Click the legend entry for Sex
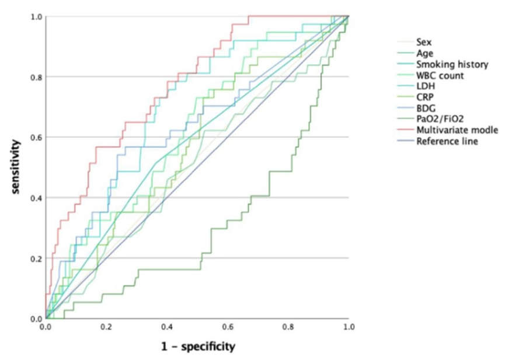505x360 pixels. coord(424,42)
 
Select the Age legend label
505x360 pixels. coord(425,53)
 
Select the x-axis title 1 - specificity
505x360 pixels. coord(198,347)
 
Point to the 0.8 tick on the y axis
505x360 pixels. coord(36,77)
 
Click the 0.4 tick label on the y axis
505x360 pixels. coord(36,198)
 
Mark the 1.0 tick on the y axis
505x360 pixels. coord(36,16)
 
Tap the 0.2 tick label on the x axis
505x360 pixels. coord(106,328)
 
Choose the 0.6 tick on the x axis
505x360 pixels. coord(228,328)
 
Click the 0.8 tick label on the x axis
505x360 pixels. coord(288,328)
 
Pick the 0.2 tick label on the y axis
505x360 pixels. coord(36,258)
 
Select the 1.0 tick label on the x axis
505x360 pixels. coord(349,328)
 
